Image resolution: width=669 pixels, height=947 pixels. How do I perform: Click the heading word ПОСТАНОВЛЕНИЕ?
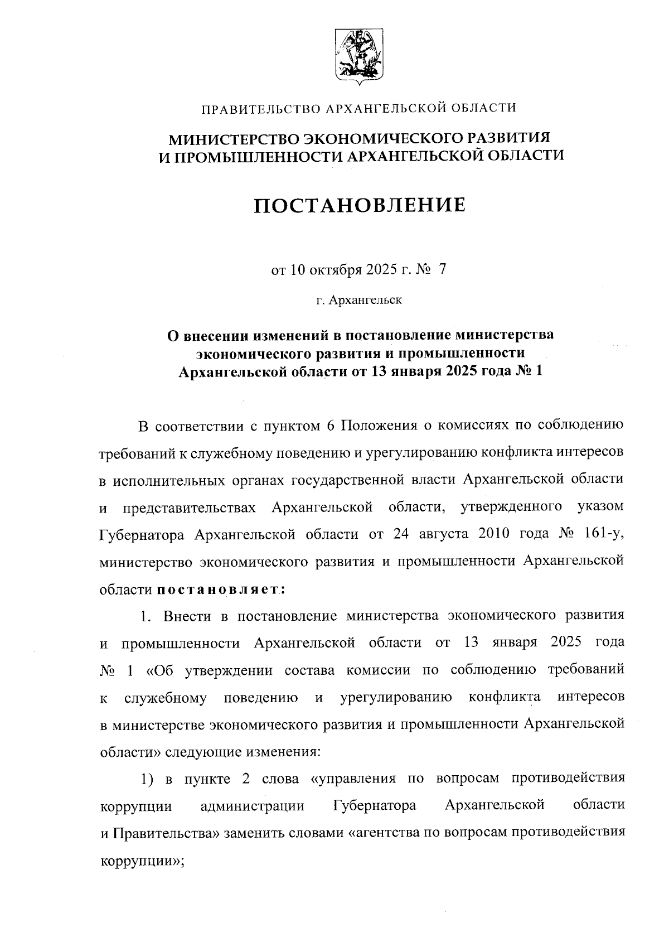point(360,206)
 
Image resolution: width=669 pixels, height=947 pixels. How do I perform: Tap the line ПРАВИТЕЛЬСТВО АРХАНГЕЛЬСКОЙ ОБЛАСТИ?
point(359,108)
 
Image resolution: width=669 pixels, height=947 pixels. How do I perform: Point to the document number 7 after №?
point(443,270)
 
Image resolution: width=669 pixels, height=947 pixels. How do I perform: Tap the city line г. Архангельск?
point(359,301)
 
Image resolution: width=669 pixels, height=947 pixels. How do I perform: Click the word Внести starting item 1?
point(187,616)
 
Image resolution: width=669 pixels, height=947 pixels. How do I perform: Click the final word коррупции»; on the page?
point(142,860)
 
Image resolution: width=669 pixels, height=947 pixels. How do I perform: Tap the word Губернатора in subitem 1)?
point(375,806)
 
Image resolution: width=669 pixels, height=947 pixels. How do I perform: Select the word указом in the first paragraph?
point(601,508)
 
